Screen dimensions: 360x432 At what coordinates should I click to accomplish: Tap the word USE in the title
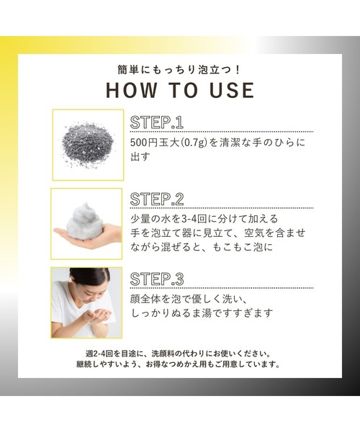click(232, 90)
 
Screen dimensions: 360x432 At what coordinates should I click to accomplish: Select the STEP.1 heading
click(157, 122)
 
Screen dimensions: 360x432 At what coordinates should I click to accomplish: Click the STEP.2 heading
click(157, 199)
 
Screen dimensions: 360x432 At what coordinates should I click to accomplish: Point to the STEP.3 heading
click(157, 279)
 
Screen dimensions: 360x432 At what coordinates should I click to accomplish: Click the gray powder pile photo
click(88, 145)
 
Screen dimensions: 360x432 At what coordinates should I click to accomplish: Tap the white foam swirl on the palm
click(84, 220)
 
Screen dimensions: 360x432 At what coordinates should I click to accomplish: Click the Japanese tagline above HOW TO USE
click(179, 70)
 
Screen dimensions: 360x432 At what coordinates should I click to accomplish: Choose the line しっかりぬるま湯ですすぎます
click(202, 313)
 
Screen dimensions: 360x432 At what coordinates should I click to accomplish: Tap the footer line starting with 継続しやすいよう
click(179, 364)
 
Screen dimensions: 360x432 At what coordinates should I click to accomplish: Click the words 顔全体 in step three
click(145, 300)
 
